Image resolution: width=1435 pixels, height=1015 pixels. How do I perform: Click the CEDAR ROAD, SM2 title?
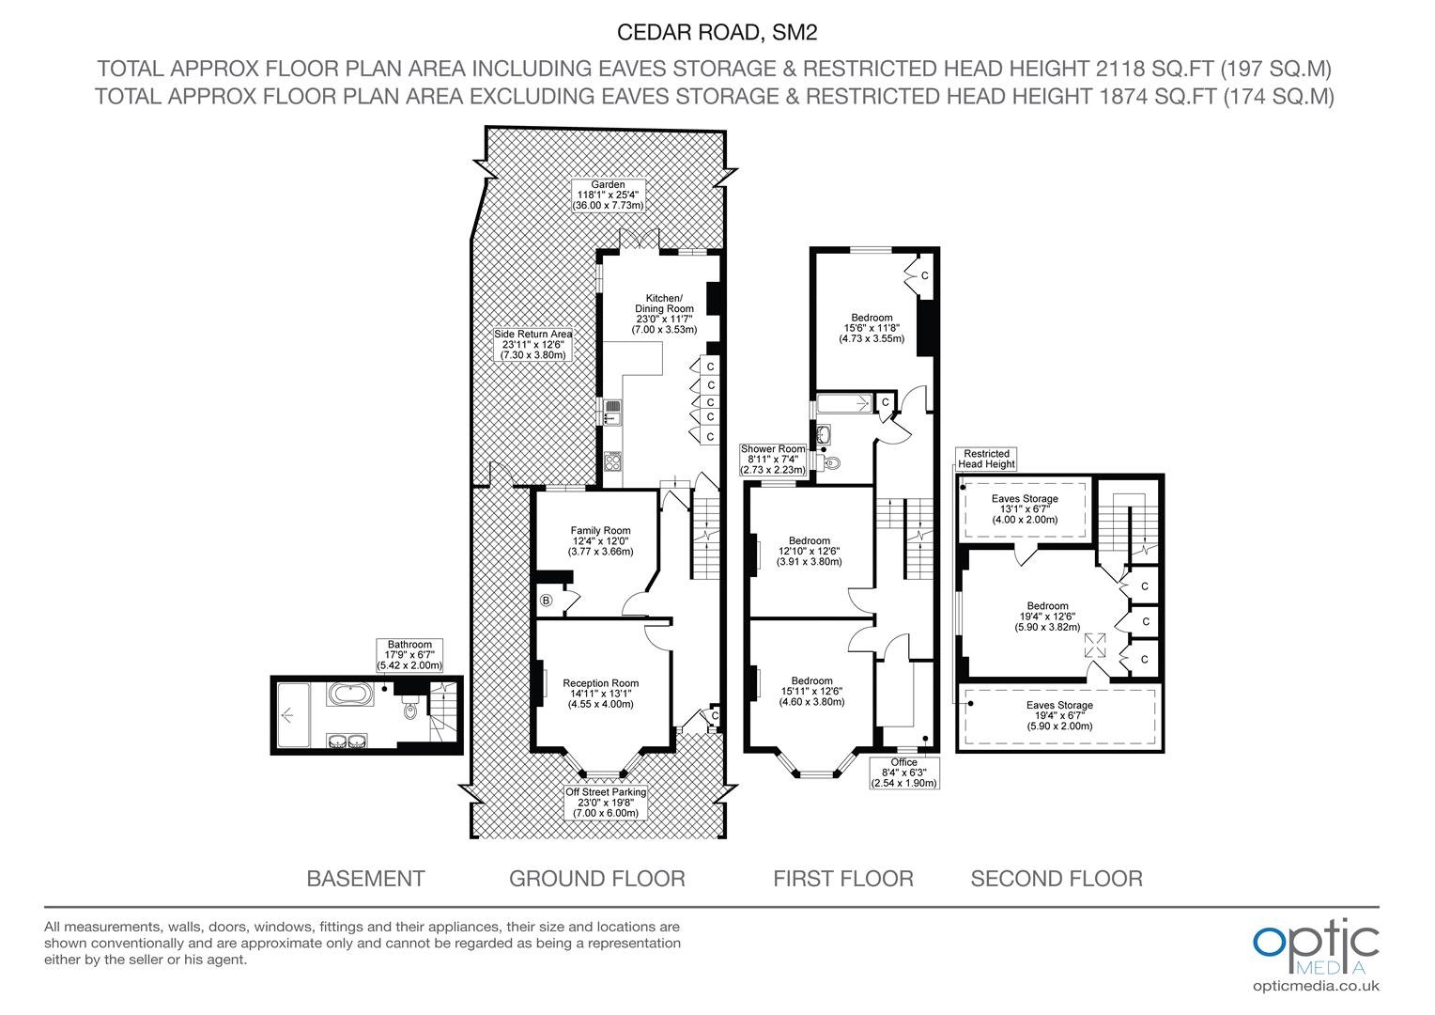[x=717, y=33]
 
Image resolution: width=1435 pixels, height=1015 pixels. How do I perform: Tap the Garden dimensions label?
[x=608, y=195]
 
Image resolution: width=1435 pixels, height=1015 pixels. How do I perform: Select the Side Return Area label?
[x=533, y=344]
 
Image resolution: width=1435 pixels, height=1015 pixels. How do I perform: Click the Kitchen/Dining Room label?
[x=664, y=314]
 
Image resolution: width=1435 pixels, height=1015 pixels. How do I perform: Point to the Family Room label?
[x=600, y=540]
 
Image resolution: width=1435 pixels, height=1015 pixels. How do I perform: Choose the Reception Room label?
[x=601, y=694]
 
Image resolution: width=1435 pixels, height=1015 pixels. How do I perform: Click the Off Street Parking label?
[x=606, y=802]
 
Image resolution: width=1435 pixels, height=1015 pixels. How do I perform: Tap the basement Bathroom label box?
[x=409, y=655]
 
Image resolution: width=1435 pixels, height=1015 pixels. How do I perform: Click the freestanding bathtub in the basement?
[x=349, y=694]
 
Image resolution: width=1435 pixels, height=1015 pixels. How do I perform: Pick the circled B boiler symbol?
[x=546, y=601]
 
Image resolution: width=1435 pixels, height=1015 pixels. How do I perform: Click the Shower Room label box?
[x=773, y=459]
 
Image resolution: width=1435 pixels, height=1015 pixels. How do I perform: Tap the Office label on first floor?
[x=904, y=773]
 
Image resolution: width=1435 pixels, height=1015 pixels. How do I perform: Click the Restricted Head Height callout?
[x=986, y=459]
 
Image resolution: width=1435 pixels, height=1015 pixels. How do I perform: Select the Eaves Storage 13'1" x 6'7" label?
[x=1025, y=508]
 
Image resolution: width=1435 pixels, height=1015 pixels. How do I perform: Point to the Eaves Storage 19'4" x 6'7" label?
[x=1059, y=715]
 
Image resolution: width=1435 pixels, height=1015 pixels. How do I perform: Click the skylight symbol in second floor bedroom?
[x=1095, y=645]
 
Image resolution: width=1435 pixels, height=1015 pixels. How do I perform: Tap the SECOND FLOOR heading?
[x=1057, y=879]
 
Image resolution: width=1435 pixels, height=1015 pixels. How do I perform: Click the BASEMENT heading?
[x=366, y=879]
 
